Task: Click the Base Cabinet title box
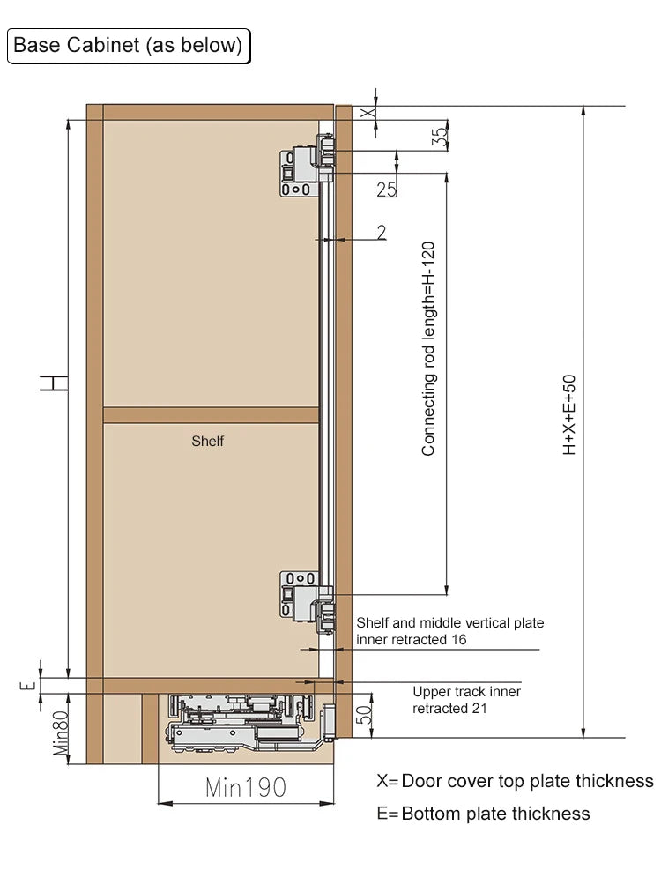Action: (129, 46)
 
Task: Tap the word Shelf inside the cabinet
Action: (207, 441)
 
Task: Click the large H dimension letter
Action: (55, 382)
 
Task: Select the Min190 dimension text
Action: (246, 787)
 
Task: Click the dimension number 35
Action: (440, 136)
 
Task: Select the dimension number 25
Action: (386, 189)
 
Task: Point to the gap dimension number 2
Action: (381, 232)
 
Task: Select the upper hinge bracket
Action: (306, 167)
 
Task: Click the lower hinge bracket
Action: (306, 598)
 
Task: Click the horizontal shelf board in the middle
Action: (211, 415)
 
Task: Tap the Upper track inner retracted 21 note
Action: (466, 700)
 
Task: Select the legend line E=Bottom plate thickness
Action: (483, 814)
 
